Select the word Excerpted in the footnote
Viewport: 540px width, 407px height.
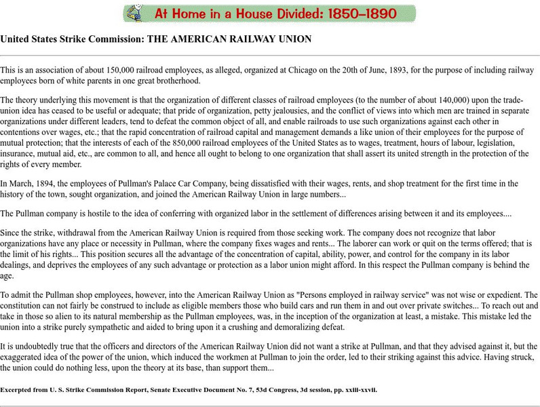click(x=20, y=390)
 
